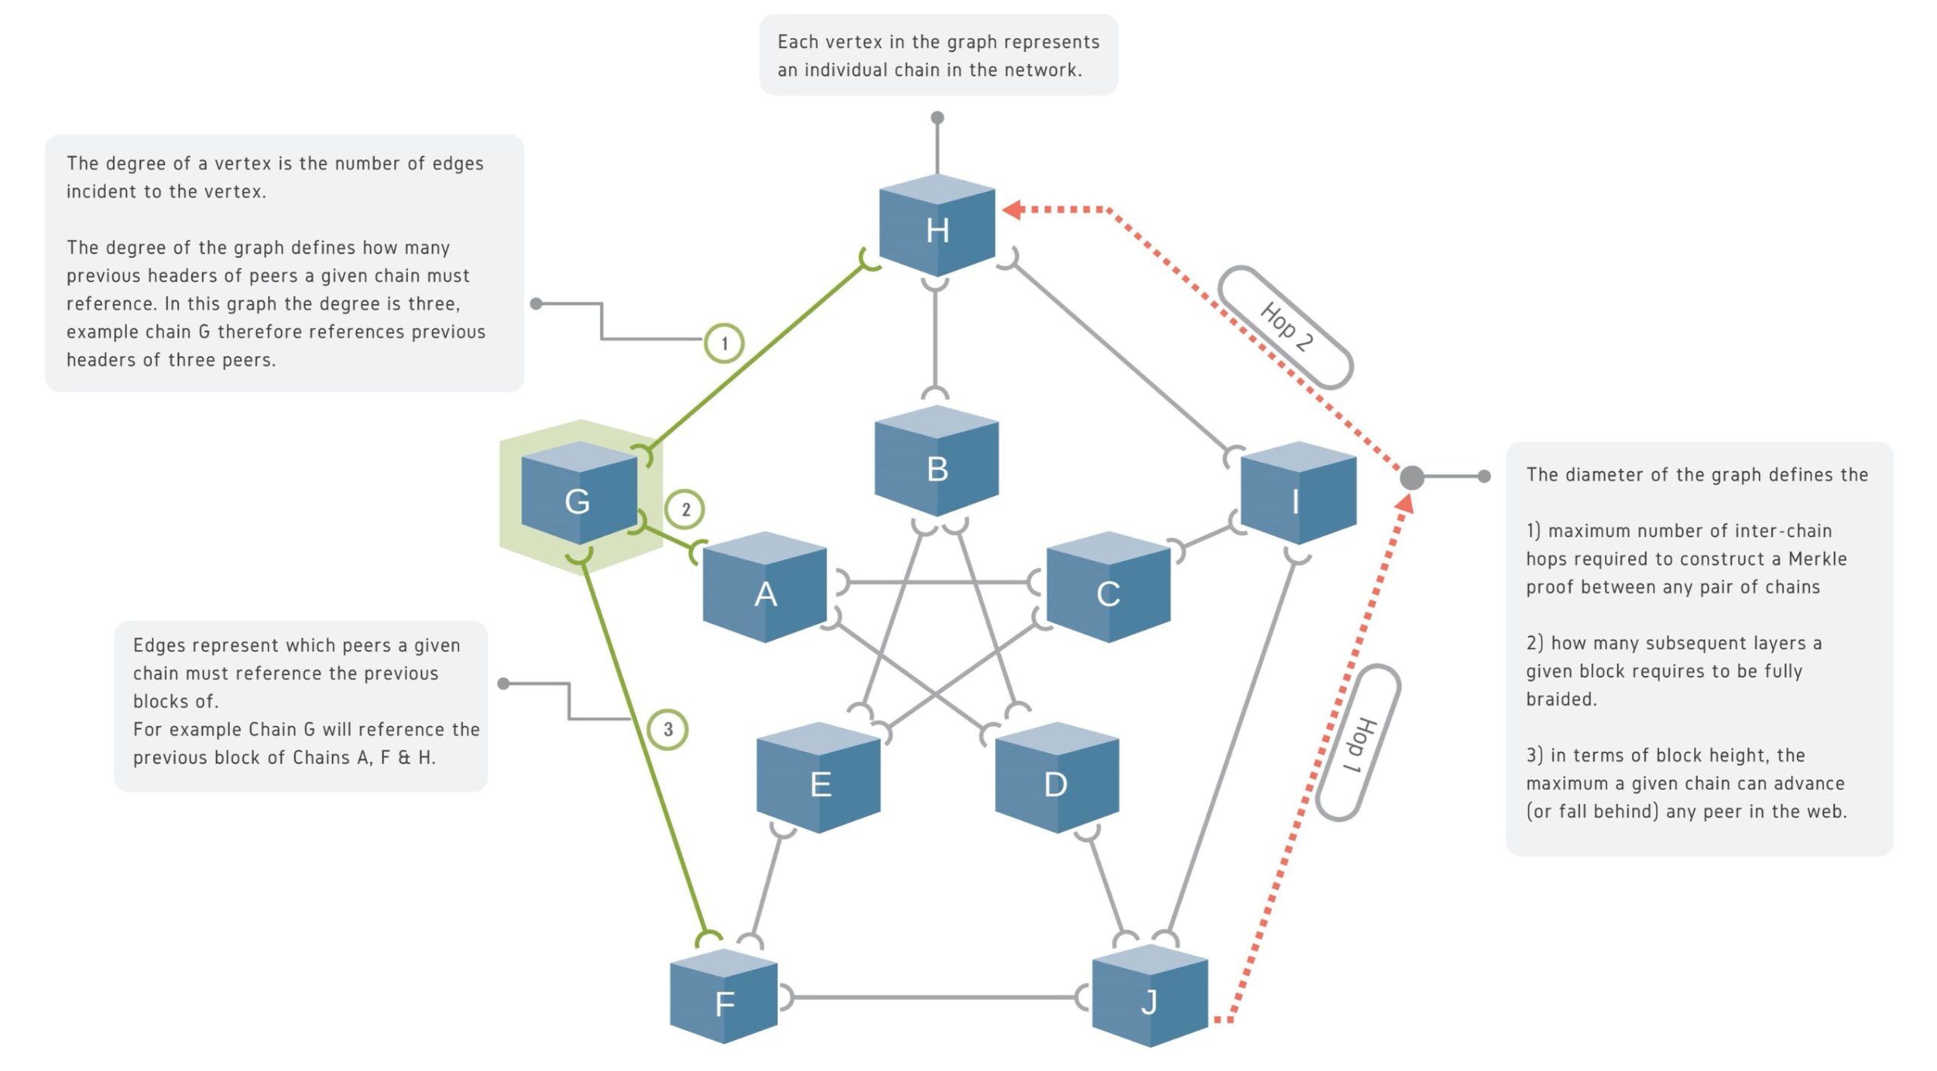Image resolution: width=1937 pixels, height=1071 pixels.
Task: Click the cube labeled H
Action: pos(937,226)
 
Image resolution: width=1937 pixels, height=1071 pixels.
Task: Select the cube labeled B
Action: pos(937,463)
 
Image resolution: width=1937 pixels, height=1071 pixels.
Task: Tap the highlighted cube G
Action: pos(579,495)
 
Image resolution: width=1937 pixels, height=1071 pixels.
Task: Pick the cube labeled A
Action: pos(765,588)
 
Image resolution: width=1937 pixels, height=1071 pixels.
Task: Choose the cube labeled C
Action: pos(1108,588)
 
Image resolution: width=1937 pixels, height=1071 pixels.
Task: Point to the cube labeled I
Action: pos(1298,495)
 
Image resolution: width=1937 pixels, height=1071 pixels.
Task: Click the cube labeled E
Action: pos(819,779)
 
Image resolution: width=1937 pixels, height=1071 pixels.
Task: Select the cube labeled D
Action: pos(1056,779)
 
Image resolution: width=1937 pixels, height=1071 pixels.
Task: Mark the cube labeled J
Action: pos(1150,997)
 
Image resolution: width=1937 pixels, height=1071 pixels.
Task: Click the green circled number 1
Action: pos(724,343)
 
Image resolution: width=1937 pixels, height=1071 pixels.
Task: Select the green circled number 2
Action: pos(685,509)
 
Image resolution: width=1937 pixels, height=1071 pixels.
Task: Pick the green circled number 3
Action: pos(668,729)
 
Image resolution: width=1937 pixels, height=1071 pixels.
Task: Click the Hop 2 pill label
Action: pos(1286,327)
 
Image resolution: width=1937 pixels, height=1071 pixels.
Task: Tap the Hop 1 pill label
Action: pos(1358,743)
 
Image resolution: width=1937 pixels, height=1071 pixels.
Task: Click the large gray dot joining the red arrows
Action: pos(1412,477)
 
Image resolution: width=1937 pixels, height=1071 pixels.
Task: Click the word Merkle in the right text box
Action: pos(1817,559)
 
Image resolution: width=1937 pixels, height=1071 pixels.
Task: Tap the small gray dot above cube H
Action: pos(937,117)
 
